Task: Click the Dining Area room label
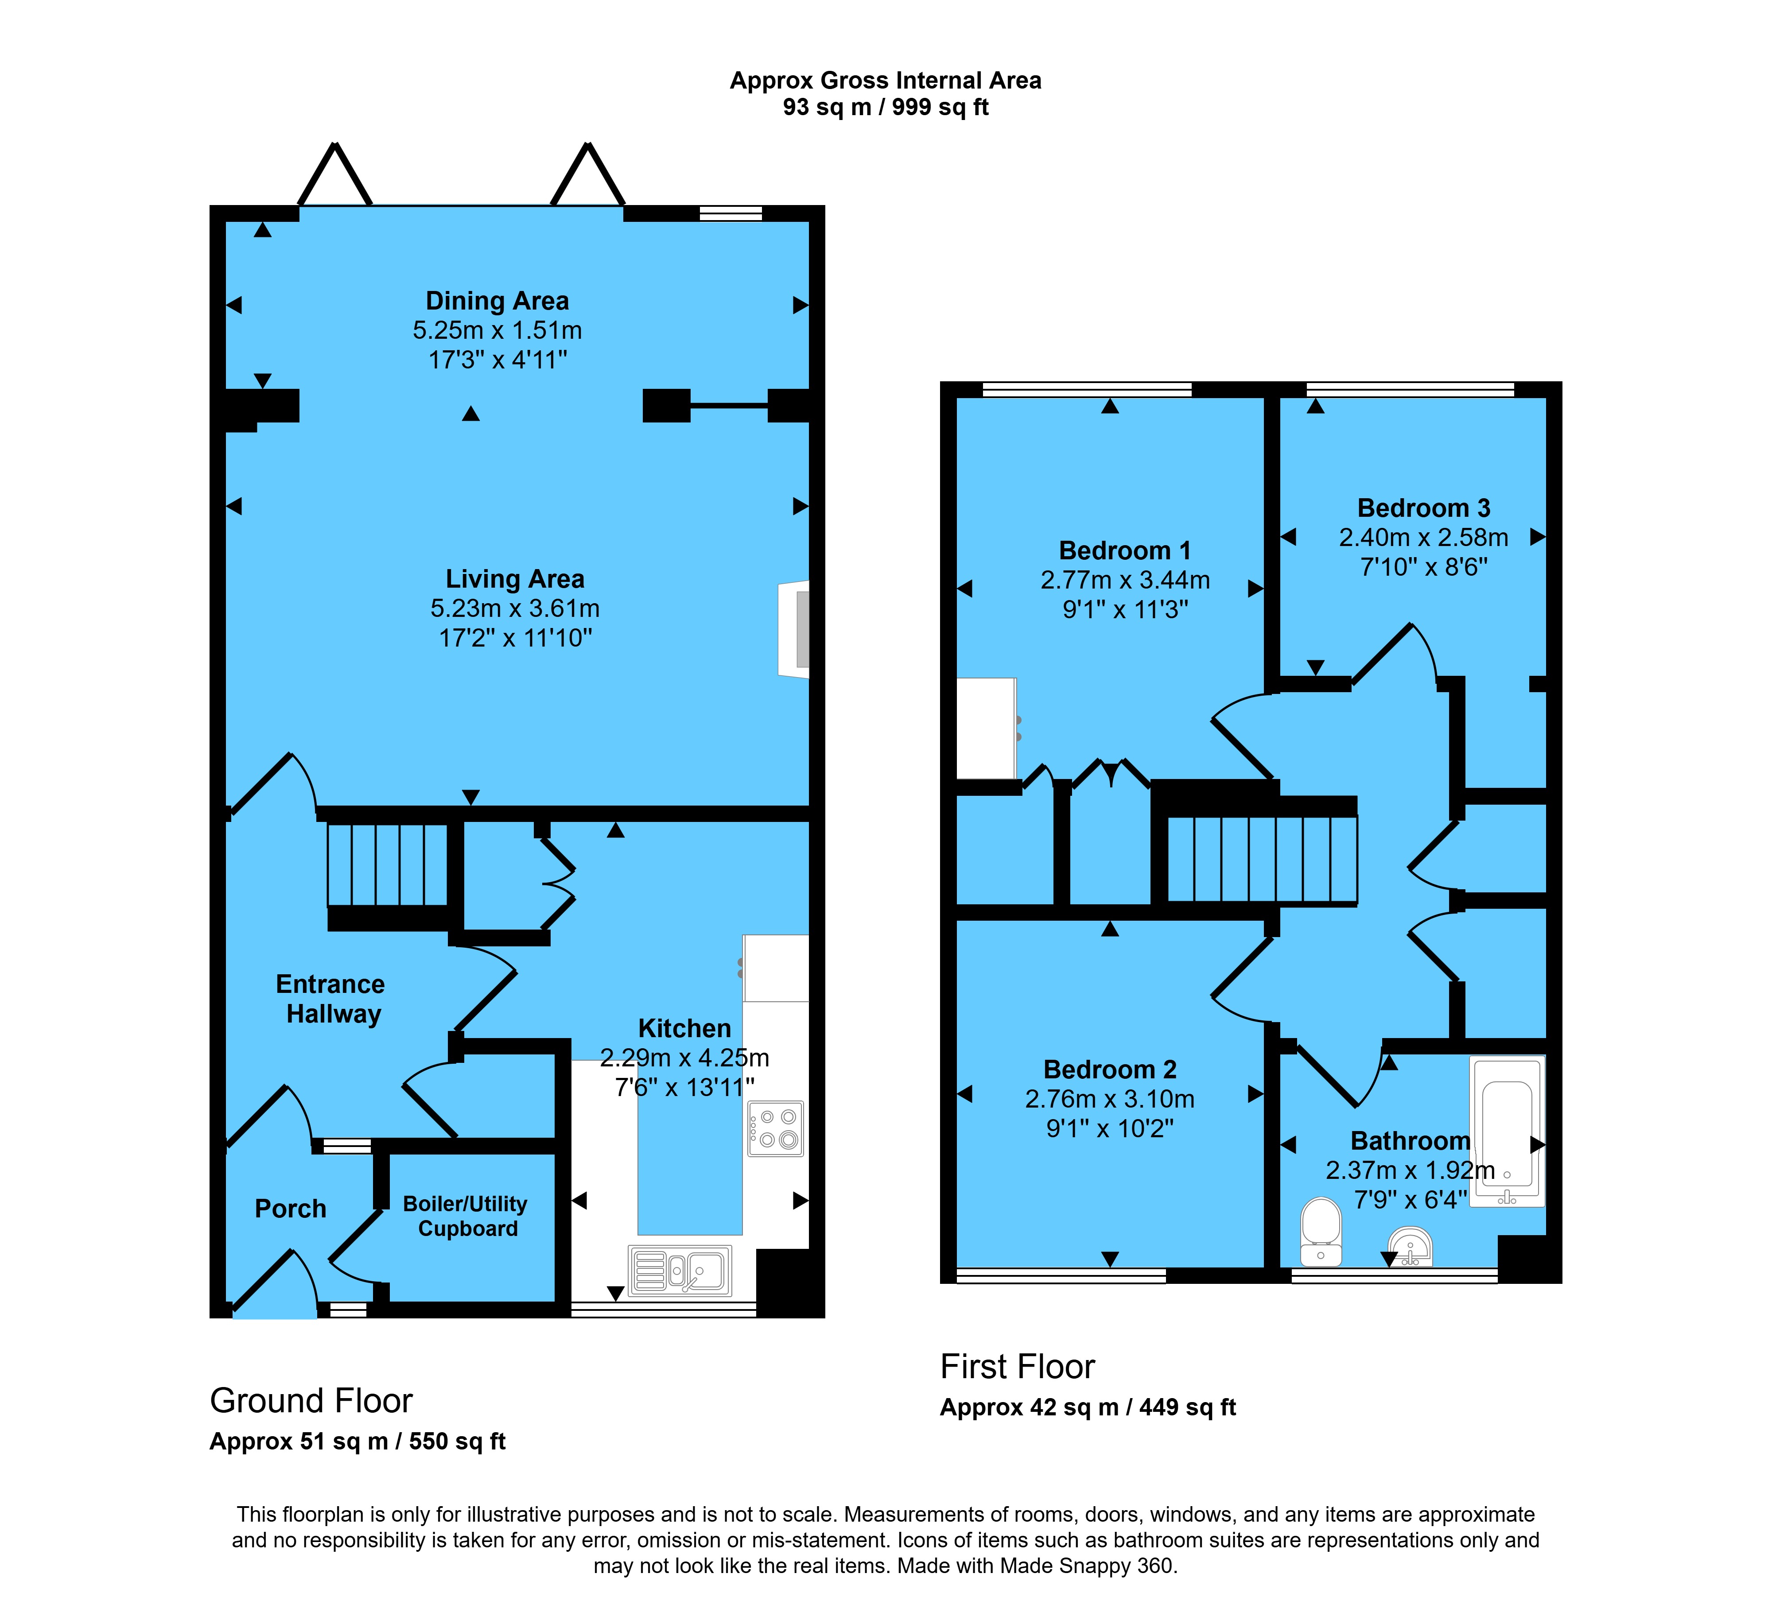pos(497,301)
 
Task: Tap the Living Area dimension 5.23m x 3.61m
pos(515,608)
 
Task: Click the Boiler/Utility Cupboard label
pos(466,1216)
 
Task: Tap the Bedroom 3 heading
pos(1424,508)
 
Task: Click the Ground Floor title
pos(311,1400)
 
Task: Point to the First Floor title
pos(1018,1367)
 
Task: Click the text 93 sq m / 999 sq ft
pos(886,107)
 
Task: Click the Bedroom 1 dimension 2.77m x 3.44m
pos(1125,580)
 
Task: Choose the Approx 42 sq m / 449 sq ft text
pos(1088,1407)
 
